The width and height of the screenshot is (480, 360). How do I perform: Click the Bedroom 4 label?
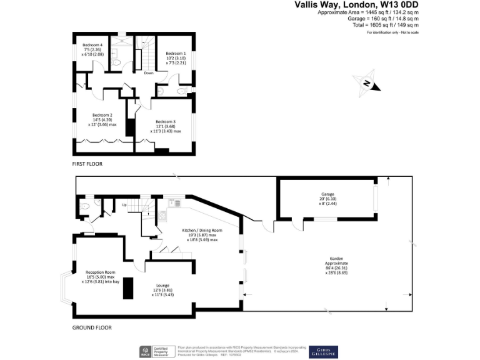(92, 45)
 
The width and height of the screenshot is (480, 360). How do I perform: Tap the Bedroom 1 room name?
(175, 54)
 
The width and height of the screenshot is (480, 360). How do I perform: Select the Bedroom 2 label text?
(102, 115)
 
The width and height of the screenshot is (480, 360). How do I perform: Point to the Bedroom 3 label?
(166, 121)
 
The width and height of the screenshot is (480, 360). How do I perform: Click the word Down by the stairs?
(148, 73)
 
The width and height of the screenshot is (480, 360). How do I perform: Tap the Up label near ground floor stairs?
(124, 205)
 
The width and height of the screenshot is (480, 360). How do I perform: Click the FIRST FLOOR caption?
(87, 164)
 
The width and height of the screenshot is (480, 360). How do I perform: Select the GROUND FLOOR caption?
(91, 327)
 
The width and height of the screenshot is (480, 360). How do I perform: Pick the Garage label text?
(328, 194)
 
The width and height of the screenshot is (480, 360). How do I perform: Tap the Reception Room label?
(101, 272)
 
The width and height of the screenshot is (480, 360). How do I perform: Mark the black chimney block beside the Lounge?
(129, 288)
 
